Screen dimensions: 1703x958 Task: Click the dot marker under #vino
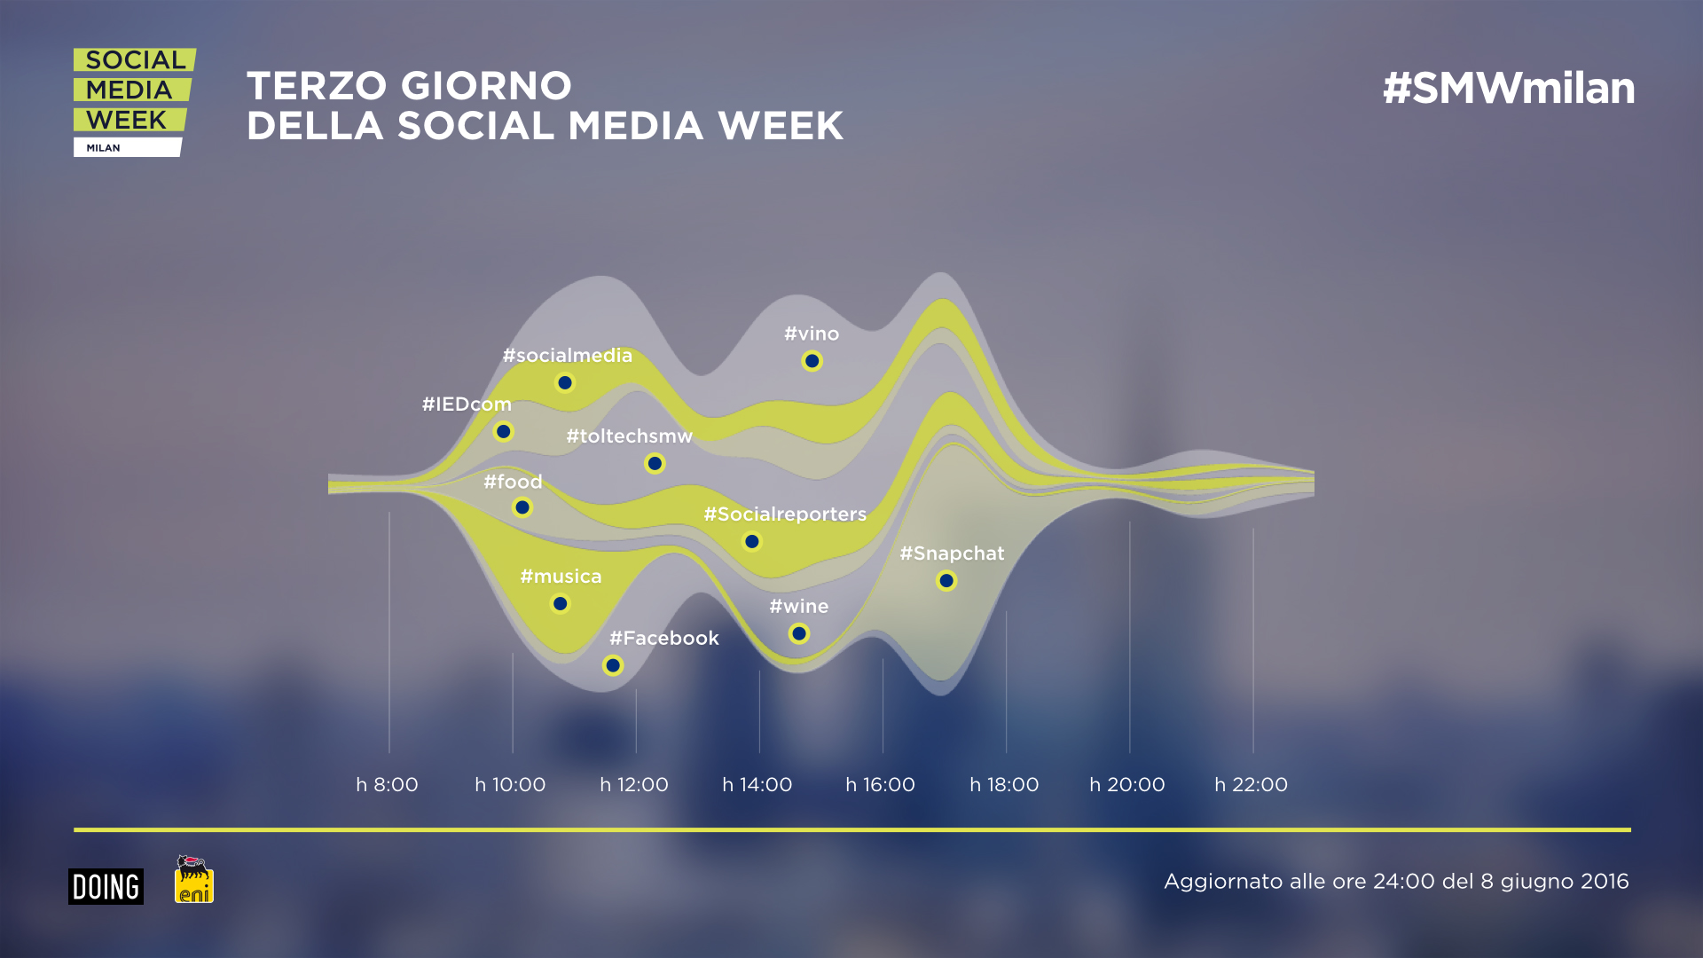812,361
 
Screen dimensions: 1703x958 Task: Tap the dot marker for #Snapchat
946,581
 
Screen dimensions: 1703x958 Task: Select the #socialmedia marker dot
565,383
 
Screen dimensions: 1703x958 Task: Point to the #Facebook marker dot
613,665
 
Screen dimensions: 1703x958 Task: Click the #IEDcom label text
467,404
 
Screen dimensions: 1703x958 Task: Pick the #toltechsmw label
629,436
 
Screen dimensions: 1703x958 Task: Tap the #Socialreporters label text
785,514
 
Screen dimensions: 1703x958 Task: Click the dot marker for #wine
799,633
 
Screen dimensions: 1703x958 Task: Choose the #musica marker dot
560,604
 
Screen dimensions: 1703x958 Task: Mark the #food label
513,482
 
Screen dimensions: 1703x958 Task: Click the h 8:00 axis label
387,785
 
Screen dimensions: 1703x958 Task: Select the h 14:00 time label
757,785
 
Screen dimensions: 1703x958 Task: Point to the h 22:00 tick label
1251,785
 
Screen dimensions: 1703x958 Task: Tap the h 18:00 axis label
1004,785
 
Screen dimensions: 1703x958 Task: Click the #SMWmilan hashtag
1509,89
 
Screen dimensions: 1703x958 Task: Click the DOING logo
106,886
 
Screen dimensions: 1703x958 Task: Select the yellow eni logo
194,880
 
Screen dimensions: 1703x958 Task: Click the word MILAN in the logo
103,148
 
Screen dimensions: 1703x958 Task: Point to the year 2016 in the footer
1605,882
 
